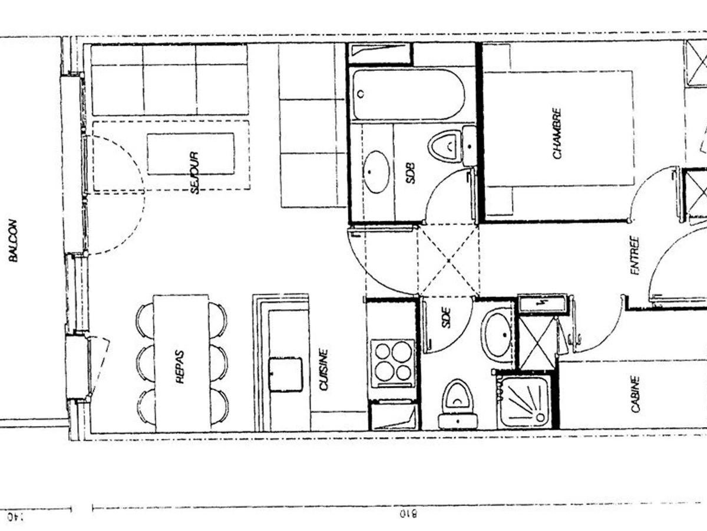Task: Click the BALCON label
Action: click(x=13, y=240)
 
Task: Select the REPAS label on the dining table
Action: click(x=180, y=367)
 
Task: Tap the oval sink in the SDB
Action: click(x=376, y=172)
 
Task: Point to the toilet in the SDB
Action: click(x=445, y=146)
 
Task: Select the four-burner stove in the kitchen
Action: click(x=393, y=362)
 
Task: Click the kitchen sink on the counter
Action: click(x=286, y=375)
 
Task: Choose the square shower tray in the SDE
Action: click(x=524, y=401)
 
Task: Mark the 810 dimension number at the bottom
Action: click(x=408, y=514)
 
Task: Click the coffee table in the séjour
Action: click(x=190, y=154)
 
